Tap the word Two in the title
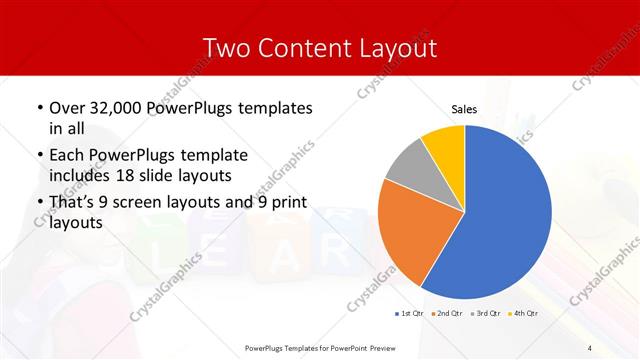227,48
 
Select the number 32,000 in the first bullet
117,108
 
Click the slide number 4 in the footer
590,347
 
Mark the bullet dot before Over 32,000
39,108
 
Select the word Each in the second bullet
67,156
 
